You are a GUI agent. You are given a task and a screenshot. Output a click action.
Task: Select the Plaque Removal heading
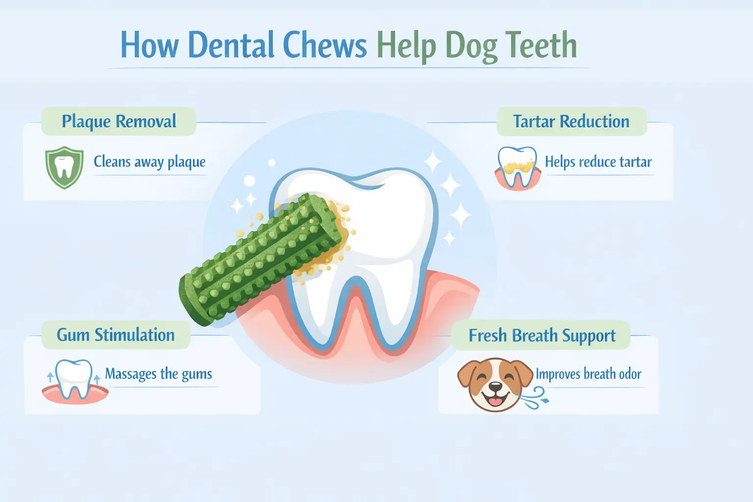click(119, 122)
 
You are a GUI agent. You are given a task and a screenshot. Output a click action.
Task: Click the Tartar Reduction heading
click(571, 122)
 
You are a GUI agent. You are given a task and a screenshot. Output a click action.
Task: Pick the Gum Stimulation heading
click(116, 335)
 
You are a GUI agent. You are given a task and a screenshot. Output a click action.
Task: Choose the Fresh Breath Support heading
click(542, 336)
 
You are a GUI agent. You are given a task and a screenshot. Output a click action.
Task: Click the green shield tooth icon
click(64, 168)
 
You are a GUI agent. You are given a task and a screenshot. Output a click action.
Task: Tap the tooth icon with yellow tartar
click(518, 168)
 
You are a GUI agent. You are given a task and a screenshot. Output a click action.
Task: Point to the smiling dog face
click(495, 384)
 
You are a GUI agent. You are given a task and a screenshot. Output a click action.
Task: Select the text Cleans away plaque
click(150, 162)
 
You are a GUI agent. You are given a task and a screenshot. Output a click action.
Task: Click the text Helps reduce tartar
click(598, 162)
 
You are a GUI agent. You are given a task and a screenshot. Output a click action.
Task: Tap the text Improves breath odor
click(588, 374)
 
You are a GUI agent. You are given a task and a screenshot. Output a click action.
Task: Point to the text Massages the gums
click(158, 374)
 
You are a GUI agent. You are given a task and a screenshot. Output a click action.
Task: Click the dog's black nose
click(495, 387)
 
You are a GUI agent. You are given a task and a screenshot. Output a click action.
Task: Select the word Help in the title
click(406, 45)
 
